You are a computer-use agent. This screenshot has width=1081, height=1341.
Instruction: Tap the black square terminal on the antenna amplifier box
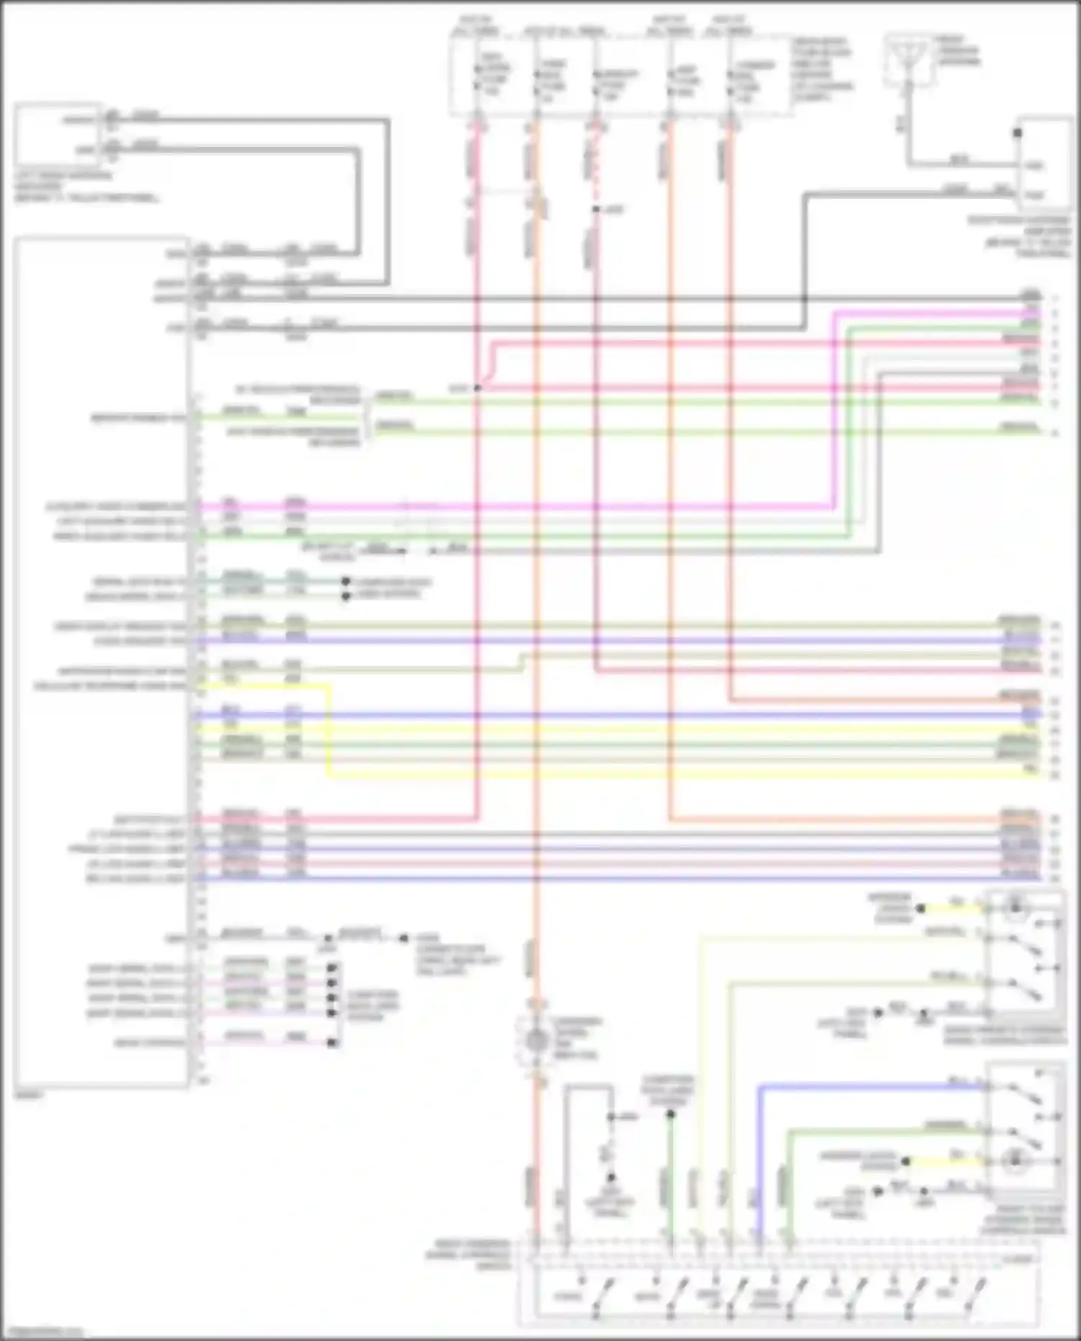(1018, 133)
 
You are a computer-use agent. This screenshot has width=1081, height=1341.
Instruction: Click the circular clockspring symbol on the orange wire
(535, 1041)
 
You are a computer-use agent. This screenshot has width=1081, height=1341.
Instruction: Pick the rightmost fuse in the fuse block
(730, 79)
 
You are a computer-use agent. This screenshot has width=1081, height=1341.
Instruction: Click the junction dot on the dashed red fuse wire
(595, 210)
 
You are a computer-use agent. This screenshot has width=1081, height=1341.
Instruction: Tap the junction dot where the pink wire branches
(477, 388)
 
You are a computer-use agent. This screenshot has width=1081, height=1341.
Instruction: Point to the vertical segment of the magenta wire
(833, 411)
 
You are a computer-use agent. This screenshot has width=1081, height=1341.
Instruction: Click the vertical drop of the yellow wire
(329, 728)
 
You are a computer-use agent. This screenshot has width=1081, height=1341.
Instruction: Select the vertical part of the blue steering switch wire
(759, 1160)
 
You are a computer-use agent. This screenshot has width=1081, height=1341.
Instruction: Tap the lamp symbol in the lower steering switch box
(1014, 1161)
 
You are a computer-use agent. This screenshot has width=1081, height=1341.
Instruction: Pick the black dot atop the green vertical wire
(670, 1115)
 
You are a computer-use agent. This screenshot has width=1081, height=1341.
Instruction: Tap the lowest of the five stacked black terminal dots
(332, 1043)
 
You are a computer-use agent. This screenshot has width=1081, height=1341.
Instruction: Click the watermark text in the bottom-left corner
(43, 1332)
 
